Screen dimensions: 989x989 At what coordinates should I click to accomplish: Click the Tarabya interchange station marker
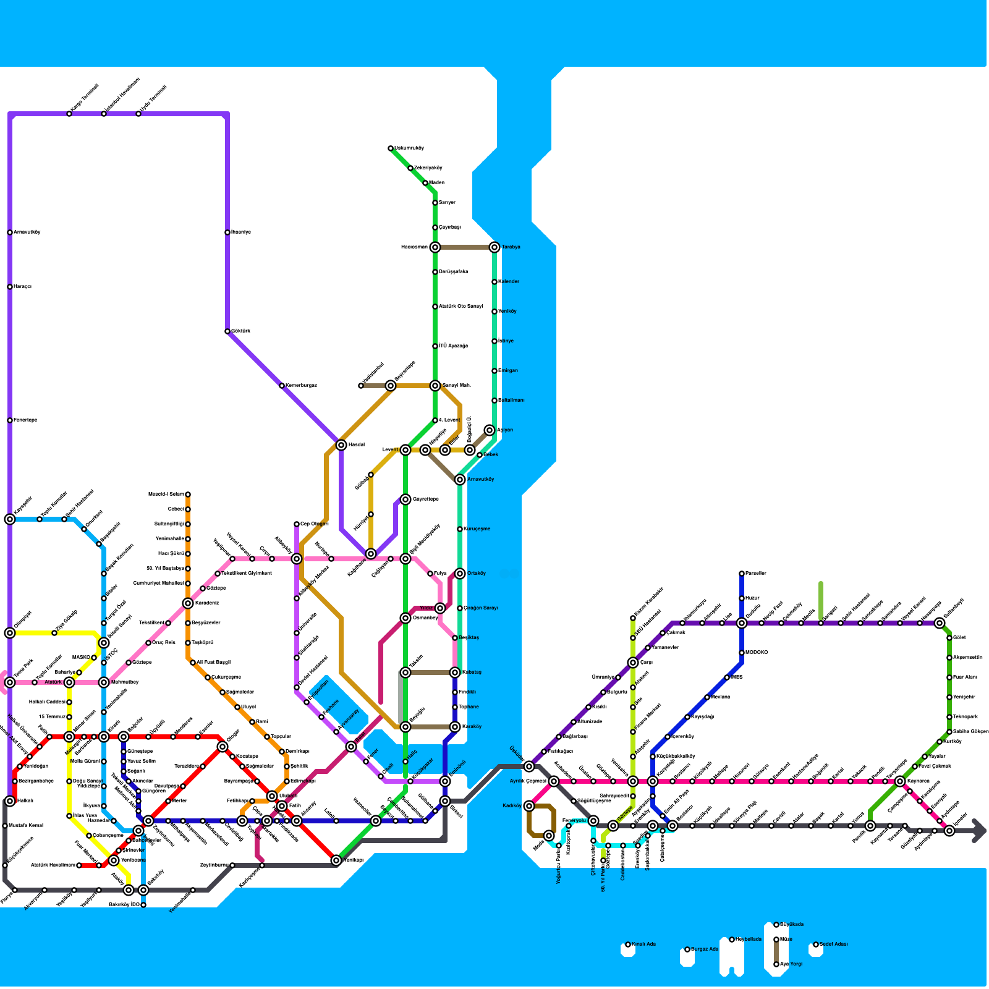point(494,247)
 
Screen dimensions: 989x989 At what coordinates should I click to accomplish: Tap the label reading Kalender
point(509,282)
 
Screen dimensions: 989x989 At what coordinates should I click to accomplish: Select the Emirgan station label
point(508,371)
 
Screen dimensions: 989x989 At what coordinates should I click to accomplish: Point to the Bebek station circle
point(480,455)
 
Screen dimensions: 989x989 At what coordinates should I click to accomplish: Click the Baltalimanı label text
point(511,401)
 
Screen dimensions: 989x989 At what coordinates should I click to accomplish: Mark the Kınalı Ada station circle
point(628,944)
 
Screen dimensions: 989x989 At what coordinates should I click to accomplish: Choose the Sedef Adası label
point(834,944)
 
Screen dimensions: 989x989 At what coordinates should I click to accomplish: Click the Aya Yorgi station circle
point(776,964)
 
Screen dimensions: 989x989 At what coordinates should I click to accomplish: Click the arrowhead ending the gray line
point(979,831)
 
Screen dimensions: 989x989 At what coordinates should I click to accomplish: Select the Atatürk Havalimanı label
point(53,865)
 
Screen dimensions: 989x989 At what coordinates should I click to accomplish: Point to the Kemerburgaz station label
point(301,386)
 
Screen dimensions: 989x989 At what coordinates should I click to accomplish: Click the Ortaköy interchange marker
point(460,574)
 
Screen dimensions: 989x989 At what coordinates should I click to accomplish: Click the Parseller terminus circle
point(742,574)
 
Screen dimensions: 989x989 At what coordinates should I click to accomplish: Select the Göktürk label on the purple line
point(241,331)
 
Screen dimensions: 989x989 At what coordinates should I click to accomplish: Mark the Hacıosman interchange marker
point(435,247)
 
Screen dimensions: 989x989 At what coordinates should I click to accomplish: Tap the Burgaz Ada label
point(705,949)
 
